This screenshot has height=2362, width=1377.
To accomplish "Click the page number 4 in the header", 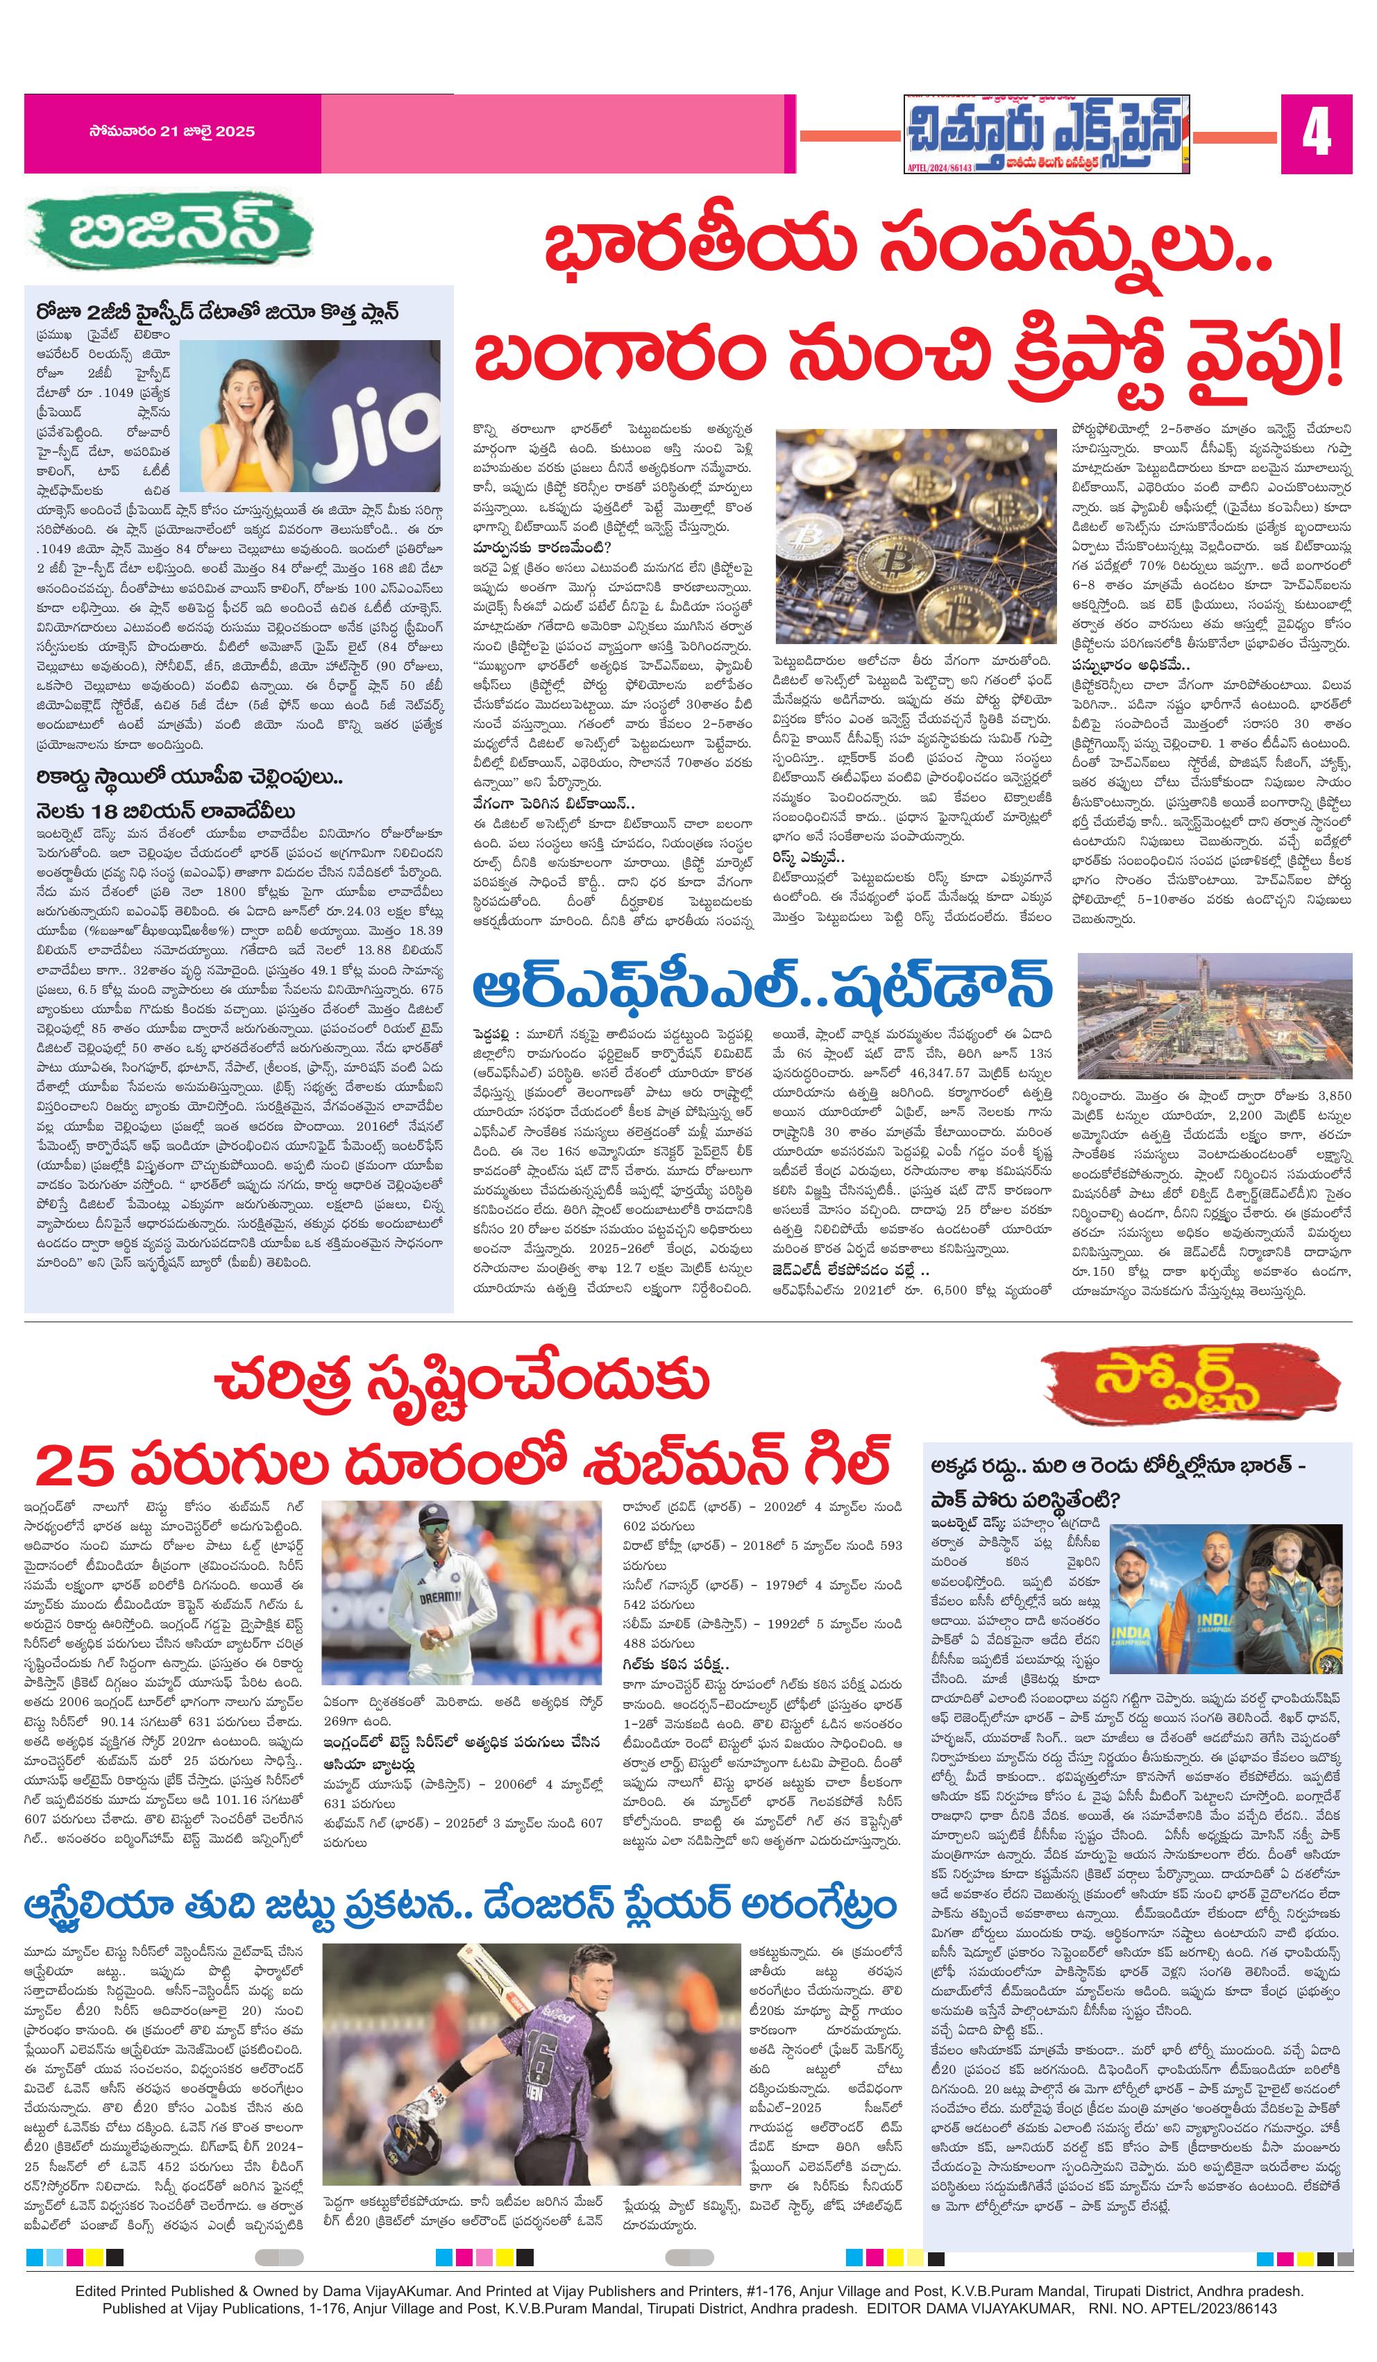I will [1316, 135].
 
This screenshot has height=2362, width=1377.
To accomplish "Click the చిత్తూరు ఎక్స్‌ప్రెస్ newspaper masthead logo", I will [1045, 135].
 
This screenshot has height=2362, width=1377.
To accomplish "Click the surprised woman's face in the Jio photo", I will [233, 394].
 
